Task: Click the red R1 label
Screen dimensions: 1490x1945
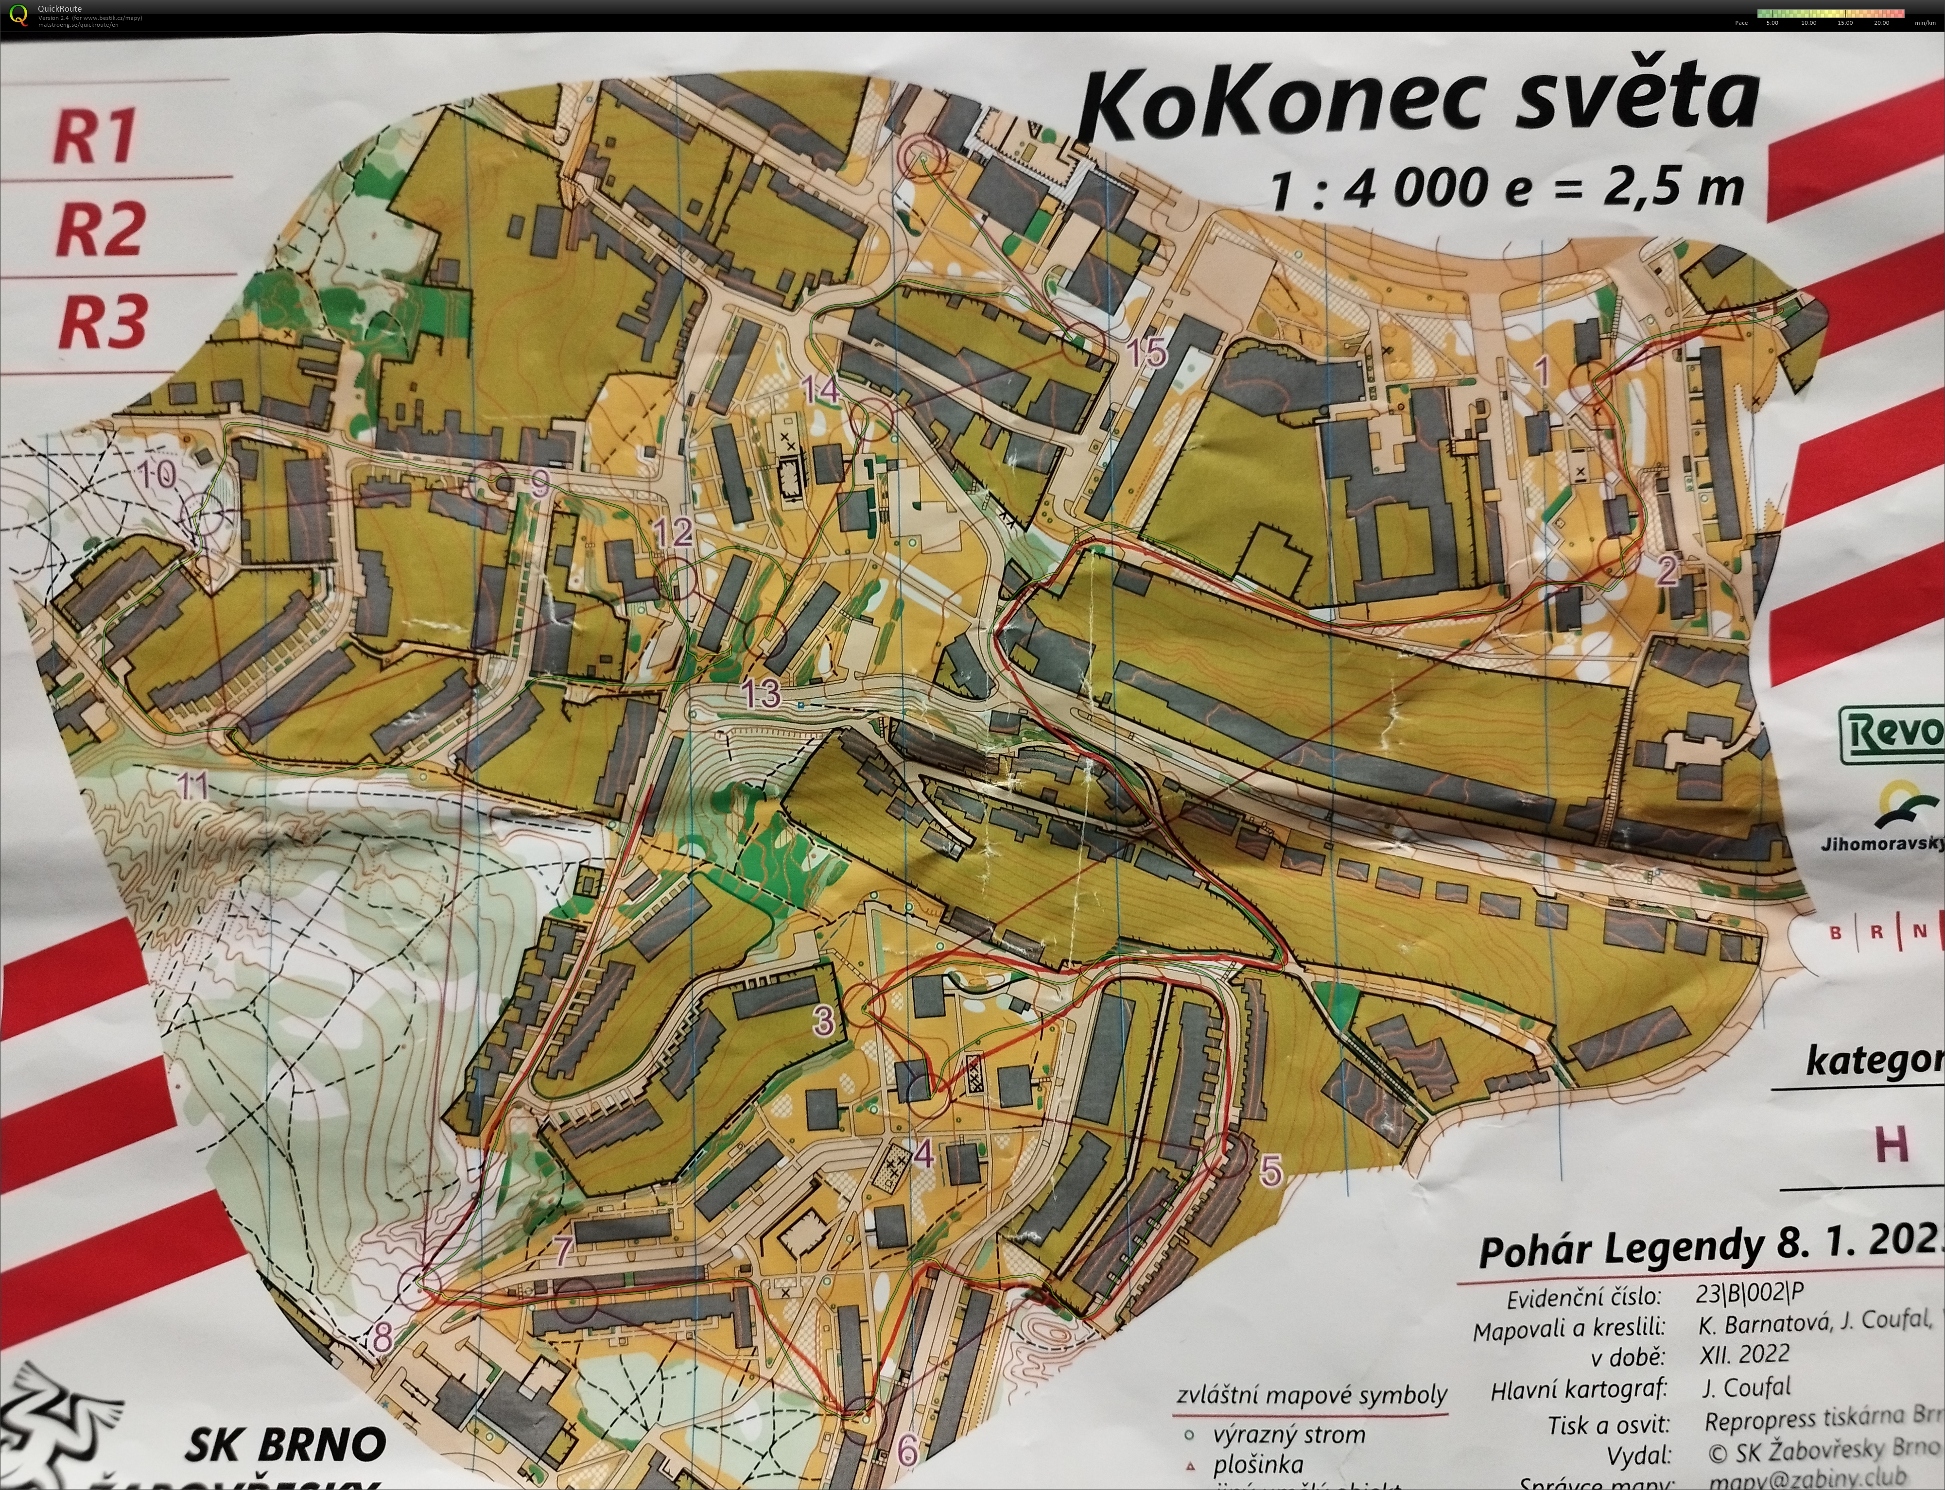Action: pos(96,136)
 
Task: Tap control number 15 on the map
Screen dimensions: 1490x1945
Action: pos(1146,353)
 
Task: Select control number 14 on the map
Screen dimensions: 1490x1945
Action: pos(819,389)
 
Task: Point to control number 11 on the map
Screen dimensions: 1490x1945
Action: pos(192,786)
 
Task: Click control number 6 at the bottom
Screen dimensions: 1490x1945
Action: pos(907,1449)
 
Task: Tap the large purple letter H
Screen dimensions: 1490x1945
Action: pos(1891,1144)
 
